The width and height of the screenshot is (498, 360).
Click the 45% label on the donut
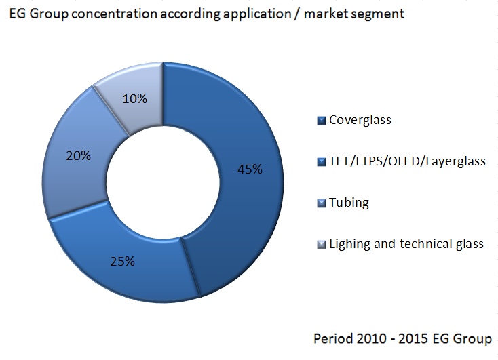pyautogui.click(x=250, y=169)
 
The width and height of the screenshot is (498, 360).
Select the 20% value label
pyautogui.click(x=78, y=155)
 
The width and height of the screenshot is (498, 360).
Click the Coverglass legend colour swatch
pyautogui.click(x=322, y=121)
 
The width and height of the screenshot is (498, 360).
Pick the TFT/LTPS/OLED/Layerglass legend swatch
pyautogui.click(x=322, y=162)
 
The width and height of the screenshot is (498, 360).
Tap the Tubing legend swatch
pyautogui.click(x=322, y=203)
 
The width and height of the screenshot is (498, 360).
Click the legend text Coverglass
pyautogui.click(x=360, y=121)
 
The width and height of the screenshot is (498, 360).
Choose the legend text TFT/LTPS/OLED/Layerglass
pyautogui.click(x=407, y=162)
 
